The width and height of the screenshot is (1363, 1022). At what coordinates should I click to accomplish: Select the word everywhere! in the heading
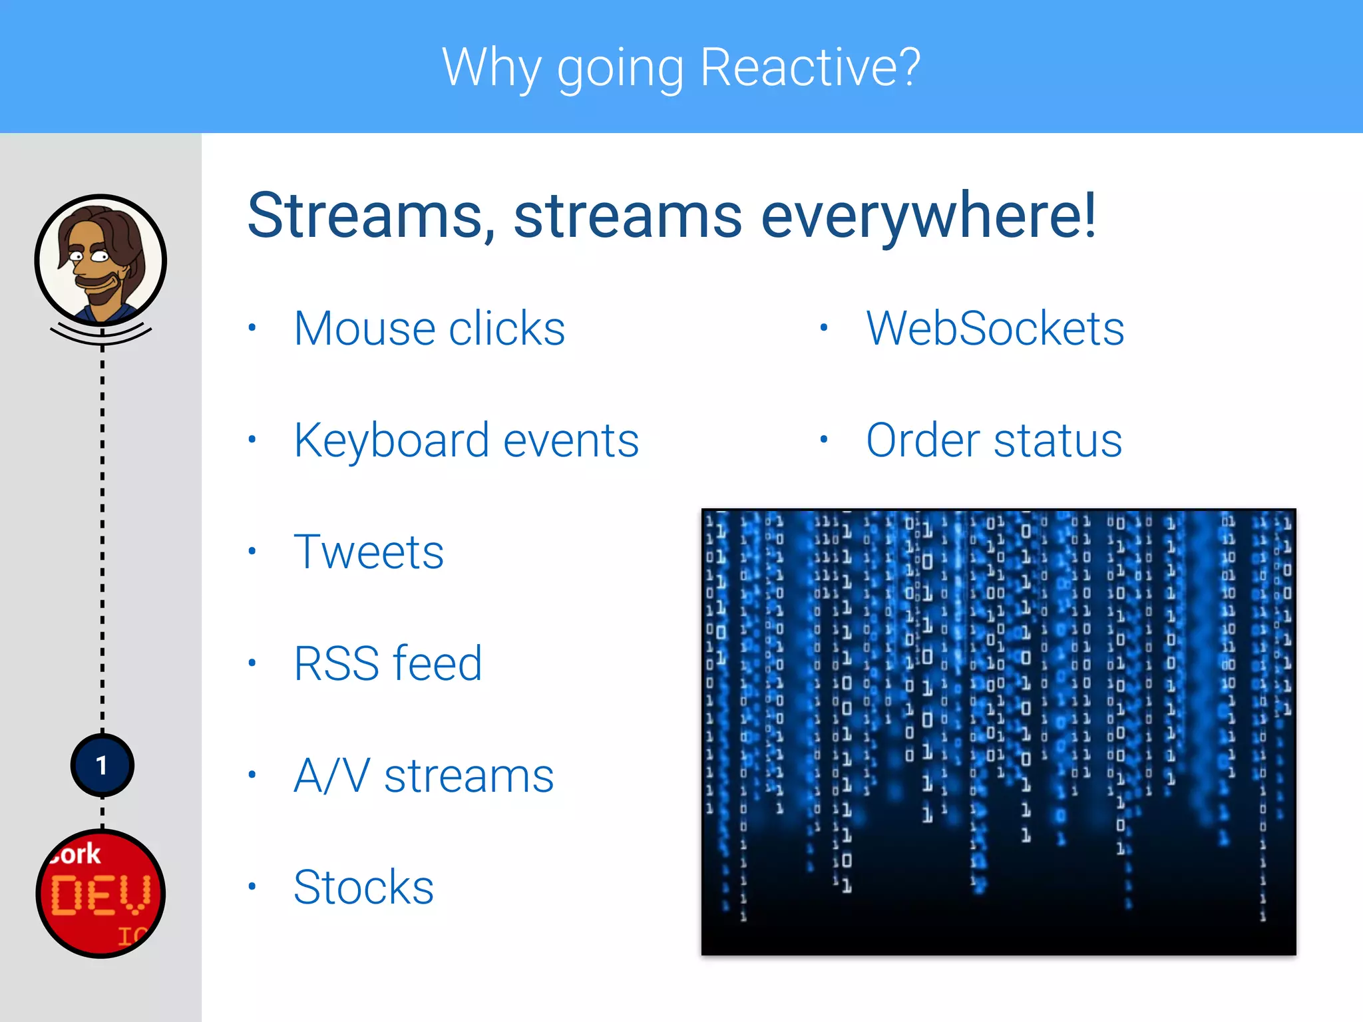point(928,216)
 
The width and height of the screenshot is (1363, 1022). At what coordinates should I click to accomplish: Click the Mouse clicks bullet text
point(429,329)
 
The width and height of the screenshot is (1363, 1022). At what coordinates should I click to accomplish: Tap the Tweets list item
point(369,552)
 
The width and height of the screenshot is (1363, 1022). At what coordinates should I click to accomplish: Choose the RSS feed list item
point(388,664)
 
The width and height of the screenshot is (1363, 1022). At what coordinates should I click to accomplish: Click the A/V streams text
point(424,776)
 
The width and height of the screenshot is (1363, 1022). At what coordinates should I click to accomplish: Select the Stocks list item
point(363,888)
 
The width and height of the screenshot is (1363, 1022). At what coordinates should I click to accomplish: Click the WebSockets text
point(995,329)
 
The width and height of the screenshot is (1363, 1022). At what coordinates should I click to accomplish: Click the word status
point(1058,440)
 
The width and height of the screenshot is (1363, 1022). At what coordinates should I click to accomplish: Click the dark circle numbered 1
point(102,765)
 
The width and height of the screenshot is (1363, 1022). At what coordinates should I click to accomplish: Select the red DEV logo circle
point(100,894)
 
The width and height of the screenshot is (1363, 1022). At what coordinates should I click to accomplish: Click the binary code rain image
point(998,732)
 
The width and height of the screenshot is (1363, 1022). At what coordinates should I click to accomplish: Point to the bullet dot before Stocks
point(252,886)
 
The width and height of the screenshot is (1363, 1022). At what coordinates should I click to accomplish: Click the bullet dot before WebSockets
point(824,327)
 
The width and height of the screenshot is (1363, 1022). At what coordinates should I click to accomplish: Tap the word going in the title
point(620,69)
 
